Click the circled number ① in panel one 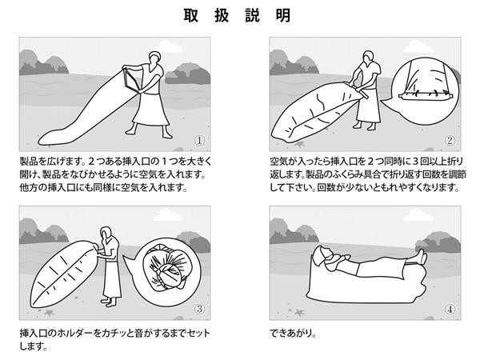coord(199,141)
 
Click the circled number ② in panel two coord(450,141)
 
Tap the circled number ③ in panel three coord(199,309)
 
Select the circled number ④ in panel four coord(450,309)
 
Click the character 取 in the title coord(191,15)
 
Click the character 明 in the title coord(283,15)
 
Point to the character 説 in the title coord(253,15)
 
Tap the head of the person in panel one coord(154,58)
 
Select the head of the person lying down coord(325,254)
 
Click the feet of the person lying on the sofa coord(422,257)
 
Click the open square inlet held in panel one coord(132,80)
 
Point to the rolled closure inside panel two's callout coord(425,96)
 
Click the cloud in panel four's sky coord(418,215)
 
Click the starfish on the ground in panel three coord(48,313)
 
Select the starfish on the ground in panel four coord(298,313)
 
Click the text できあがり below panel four coord(293,333)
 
